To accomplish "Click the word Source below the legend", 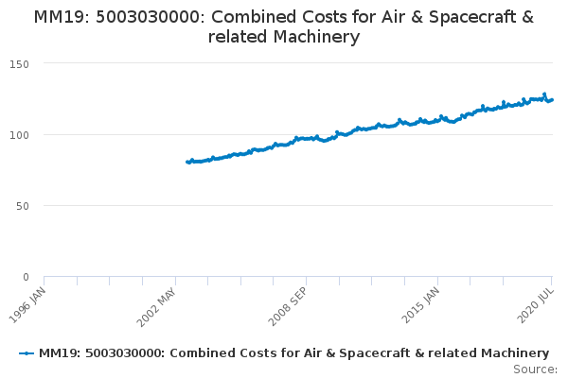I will [534, 369].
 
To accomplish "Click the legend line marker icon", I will [27, 352].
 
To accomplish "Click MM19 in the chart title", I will [56, 18].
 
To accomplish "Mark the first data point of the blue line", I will [187, 163].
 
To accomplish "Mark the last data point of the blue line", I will [552, 99].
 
